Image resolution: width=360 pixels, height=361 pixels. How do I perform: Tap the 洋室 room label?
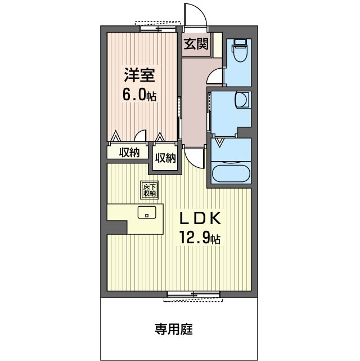click(x=138, y=75)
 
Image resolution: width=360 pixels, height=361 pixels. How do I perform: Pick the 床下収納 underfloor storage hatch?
click(x=149, y=190)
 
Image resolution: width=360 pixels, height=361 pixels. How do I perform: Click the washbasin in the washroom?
click(x=242, y=100)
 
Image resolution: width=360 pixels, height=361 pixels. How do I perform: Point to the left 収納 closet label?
click(x=128, y=152)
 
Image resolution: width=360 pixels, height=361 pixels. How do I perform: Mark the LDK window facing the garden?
click(x=193, y=295)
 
